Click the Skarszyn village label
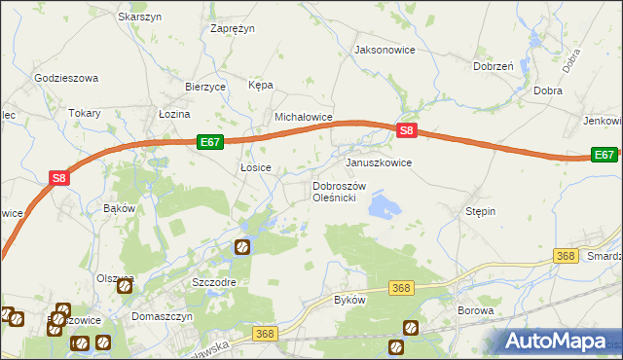138,18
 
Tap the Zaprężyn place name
233,29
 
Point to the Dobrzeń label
493,66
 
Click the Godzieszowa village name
66,77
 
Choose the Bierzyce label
205,87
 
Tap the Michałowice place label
304,117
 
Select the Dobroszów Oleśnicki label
338,192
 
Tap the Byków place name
349,300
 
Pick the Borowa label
476,311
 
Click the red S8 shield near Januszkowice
407,131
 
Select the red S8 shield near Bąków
60,178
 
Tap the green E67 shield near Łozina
210,142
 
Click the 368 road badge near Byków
401,288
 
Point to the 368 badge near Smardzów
566,255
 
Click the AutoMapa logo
560,341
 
